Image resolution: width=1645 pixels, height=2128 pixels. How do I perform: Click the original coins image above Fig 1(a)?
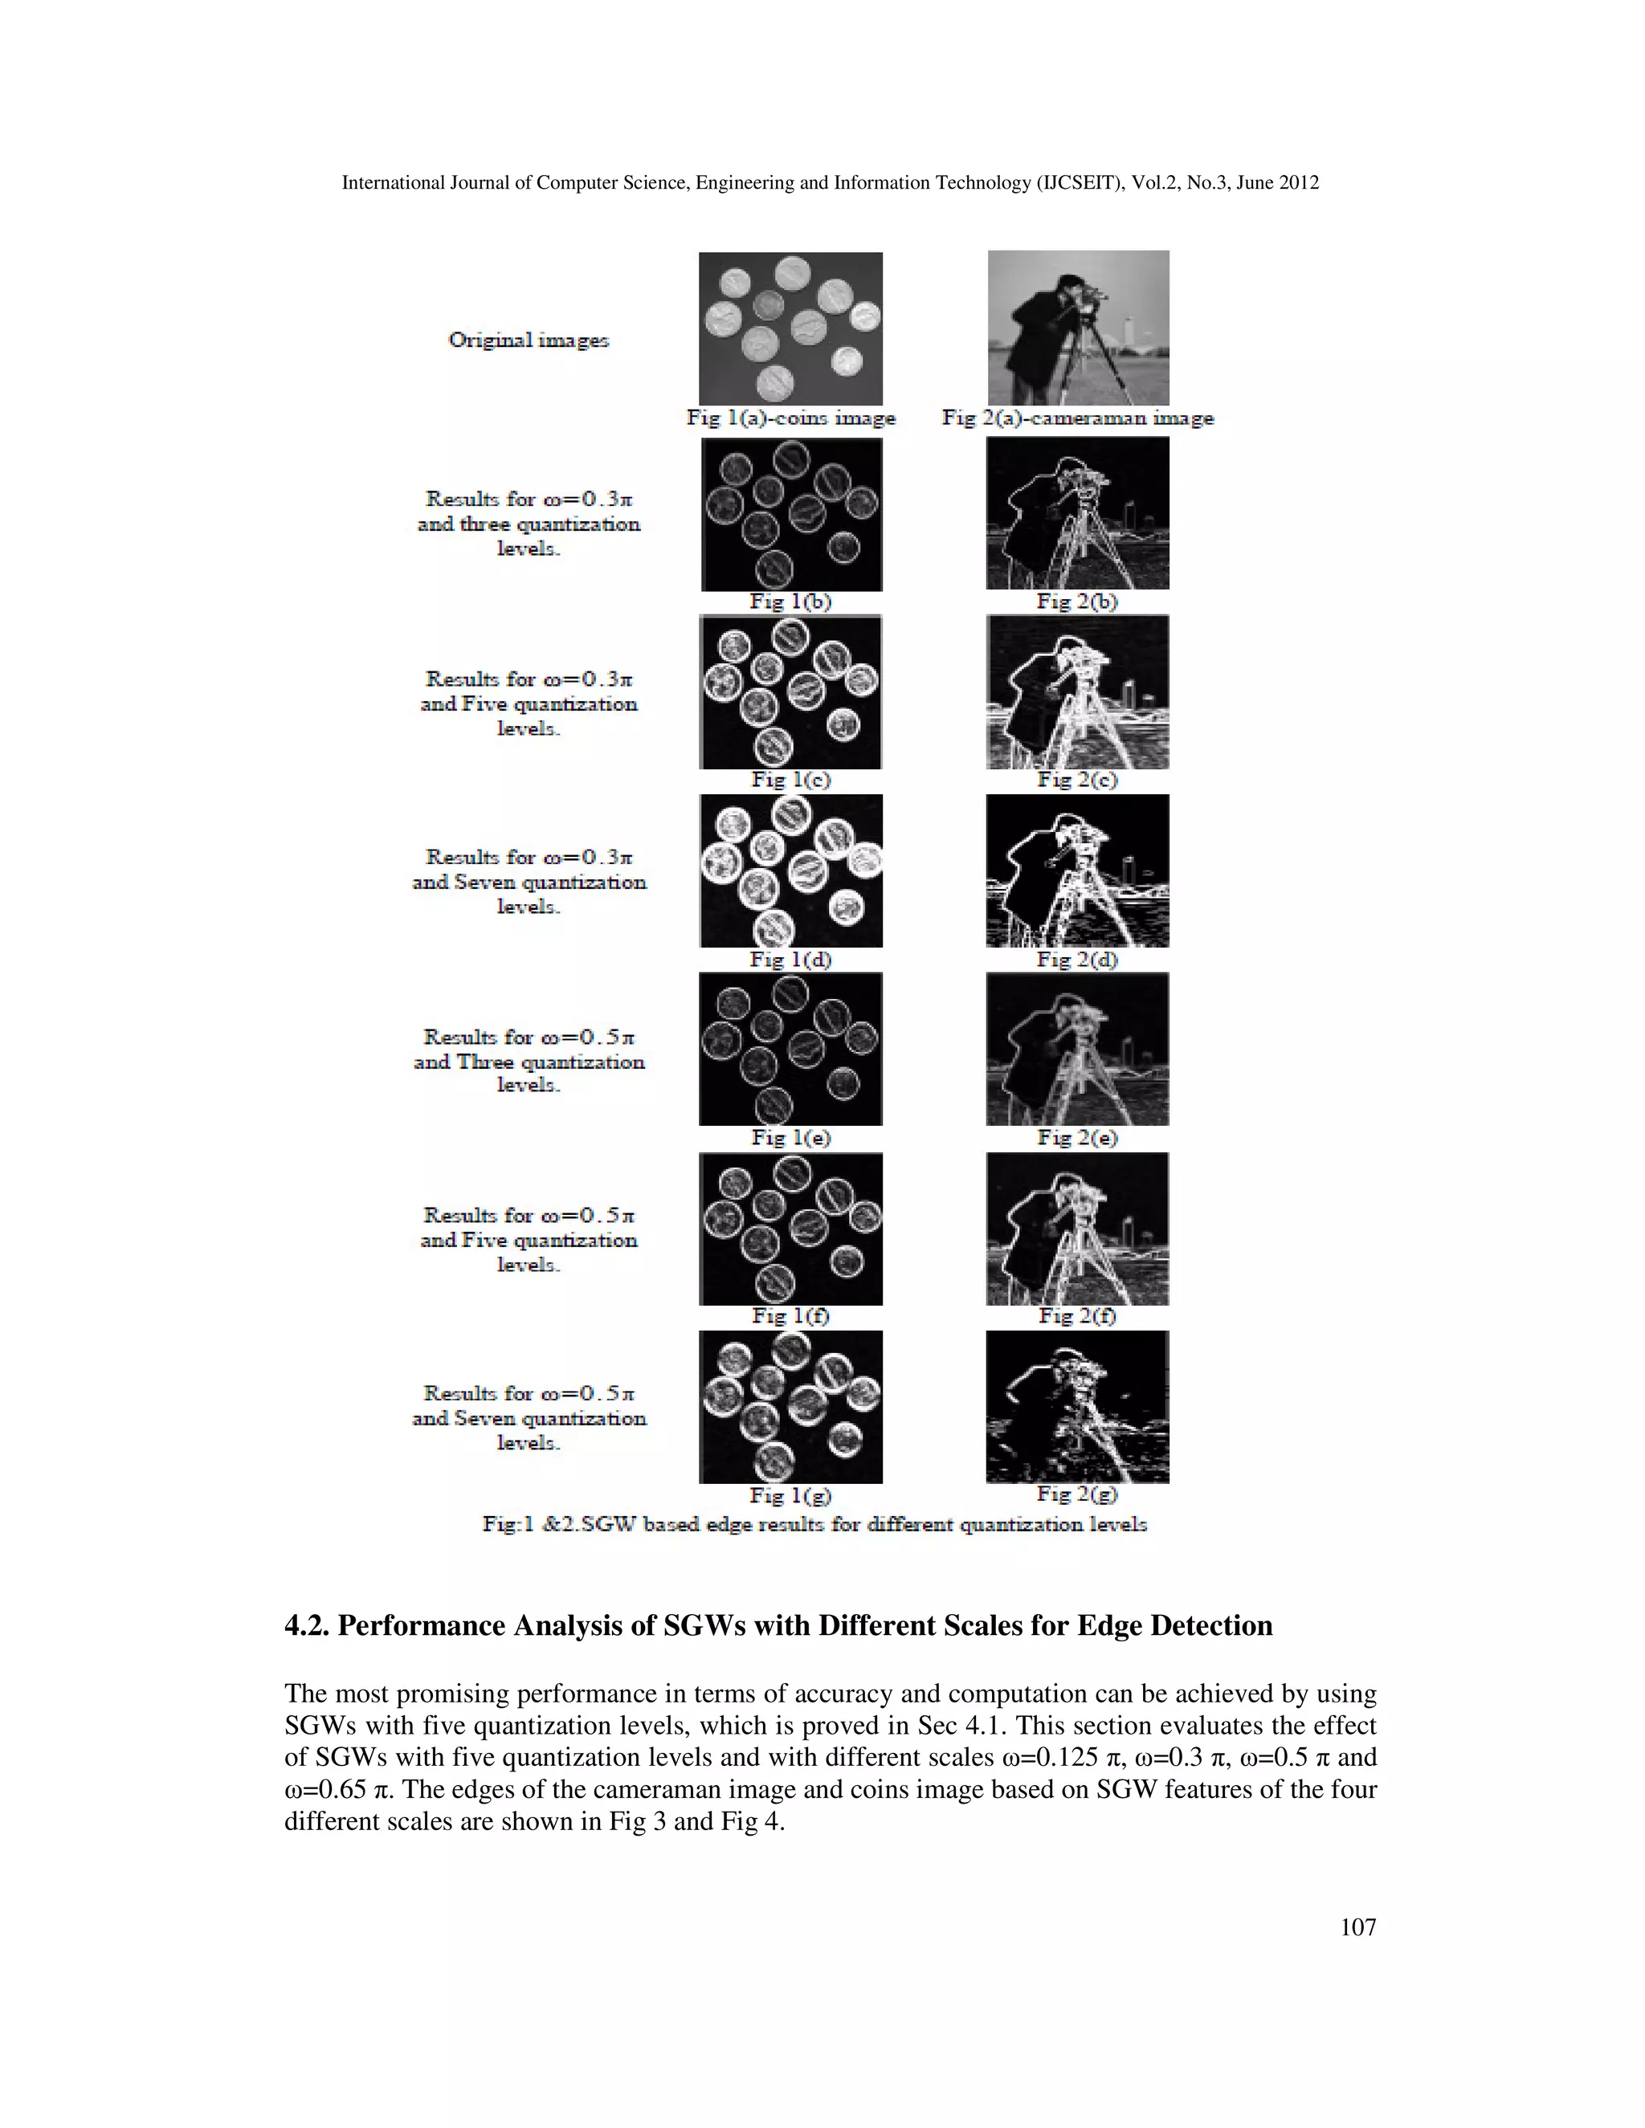coord(790,328)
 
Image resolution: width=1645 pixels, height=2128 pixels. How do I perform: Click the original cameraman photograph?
coord(1078,328)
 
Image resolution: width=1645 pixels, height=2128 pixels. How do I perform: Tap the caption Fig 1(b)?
coord(790,601)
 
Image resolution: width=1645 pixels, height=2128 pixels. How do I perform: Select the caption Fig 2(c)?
coord(1077,780)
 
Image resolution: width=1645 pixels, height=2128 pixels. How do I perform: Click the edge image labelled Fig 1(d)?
coord(790,870)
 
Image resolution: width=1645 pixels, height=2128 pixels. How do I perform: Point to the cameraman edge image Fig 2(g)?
coord(1077,1407)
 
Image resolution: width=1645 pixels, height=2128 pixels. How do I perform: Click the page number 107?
coord(1357,1926)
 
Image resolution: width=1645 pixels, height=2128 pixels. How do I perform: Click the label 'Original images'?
coord(529,340)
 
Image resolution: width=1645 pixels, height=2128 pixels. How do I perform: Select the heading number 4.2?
coord(307,1626)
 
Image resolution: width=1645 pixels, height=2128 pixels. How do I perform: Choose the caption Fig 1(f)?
coord(790,1315)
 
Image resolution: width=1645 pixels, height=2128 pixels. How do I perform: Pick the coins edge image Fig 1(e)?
coord(790,1050)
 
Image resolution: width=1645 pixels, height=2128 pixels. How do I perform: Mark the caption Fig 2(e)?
coord(1077,1137)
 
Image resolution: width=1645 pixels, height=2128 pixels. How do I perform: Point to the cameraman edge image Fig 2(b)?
coord(1077,513)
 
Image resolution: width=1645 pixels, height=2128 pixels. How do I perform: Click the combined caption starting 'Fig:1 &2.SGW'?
coord(814,1524)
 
